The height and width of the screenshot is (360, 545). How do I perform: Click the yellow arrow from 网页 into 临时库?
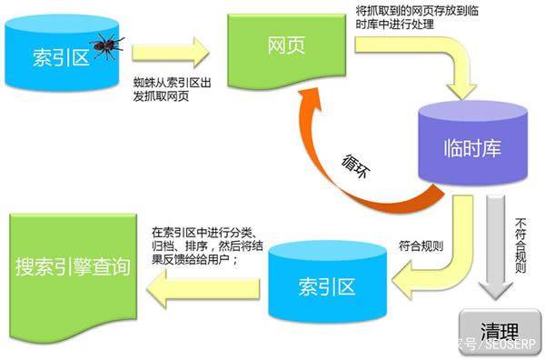[436, 64]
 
